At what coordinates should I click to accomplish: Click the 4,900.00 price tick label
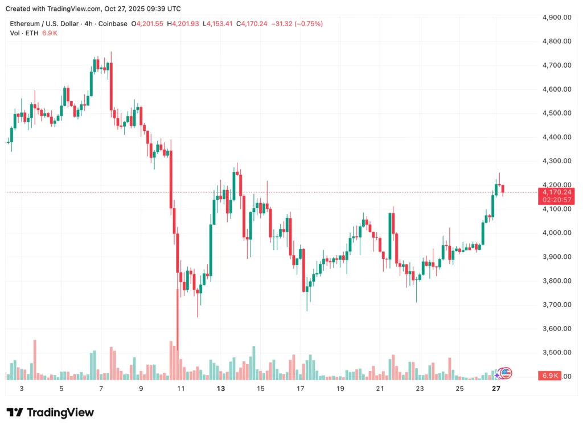point(557,17)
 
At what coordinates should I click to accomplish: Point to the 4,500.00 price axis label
point(557,113)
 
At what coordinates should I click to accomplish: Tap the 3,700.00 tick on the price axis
point(557,304)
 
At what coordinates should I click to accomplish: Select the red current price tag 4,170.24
point(557,192)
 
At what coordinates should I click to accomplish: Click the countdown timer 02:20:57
point(557,200)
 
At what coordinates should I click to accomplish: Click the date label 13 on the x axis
point(221,389)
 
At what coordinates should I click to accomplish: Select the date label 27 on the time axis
point(496,389)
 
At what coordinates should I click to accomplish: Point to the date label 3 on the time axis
point(22,389)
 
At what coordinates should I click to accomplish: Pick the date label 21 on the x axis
point(380,389)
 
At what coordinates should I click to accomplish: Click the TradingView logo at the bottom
point(50,412)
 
